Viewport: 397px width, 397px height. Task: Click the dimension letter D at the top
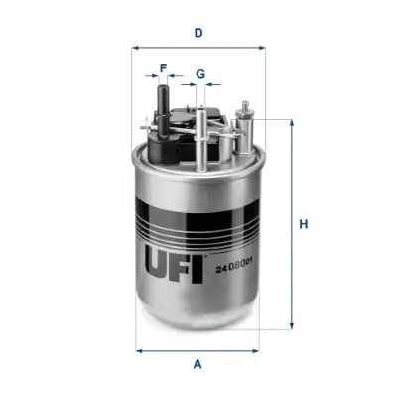tap(198, 33)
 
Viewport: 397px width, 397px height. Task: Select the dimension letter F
tap(165, 69)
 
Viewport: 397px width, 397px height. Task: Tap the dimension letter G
tap(199, 74)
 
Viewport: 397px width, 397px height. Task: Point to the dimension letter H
tap(304, 224)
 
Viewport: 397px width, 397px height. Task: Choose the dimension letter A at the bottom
tap(198, 364)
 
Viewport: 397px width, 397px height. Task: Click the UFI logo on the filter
tap(176, 264)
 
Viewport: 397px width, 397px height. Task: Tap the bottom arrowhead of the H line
tap(292, 326)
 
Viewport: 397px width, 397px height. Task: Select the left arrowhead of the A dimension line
tap(137, 349)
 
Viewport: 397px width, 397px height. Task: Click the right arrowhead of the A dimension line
tap(261, 349)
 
